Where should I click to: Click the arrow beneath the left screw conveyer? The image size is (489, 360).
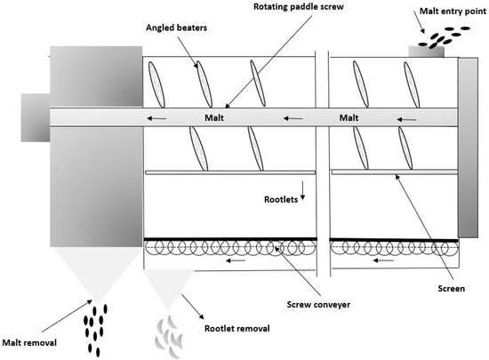236,261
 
